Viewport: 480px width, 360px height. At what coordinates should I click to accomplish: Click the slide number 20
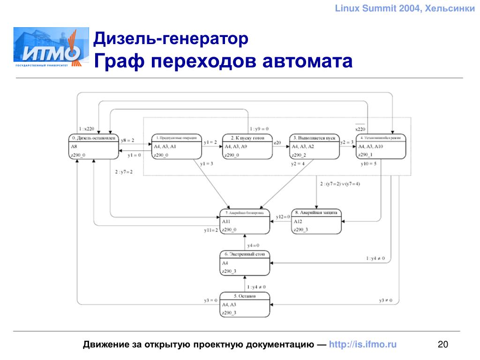[442, 345]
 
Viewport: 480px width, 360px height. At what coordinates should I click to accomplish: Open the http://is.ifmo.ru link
[363, 345]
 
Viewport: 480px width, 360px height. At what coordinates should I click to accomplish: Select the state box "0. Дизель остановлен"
[94, 147]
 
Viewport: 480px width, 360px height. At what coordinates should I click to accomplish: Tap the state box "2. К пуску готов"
[247, 147]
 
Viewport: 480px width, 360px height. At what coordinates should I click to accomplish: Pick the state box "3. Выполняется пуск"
[314, 147]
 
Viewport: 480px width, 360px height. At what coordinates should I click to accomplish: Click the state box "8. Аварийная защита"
[316, 221]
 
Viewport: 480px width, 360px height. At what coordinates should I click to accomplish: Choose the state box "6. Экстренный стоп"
[245, 263]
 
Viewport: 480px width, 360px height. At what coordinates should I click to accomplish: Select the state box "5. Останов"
[245, 304]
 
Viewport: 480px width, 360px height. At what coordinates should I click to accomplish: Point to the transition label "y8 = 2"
[127, 140]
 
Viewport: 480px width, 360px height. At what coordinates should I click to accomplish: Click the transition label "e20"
[277, 142]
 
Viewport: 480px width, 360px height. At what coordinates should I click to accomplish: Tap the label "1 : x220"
[87, 128]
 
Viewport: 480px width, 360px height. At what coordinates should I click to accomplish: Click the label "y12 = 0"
[283, 216]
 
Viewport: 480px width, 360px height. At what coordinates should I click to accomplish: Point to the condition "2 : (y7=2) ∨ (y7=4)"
[340, 183]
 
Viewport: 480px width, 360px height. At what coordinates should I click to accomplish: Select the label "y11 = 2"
[211, 230]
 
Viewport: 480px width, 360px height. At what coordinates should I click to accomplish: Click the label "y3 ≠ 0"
[385, 300]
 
